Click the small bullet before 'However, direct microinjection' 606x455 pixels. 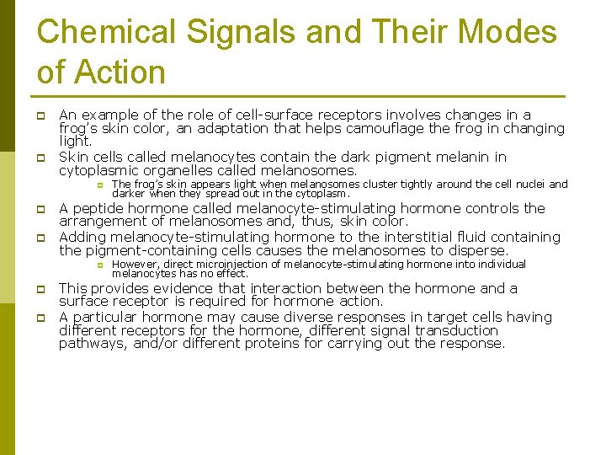pos(98,265)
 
